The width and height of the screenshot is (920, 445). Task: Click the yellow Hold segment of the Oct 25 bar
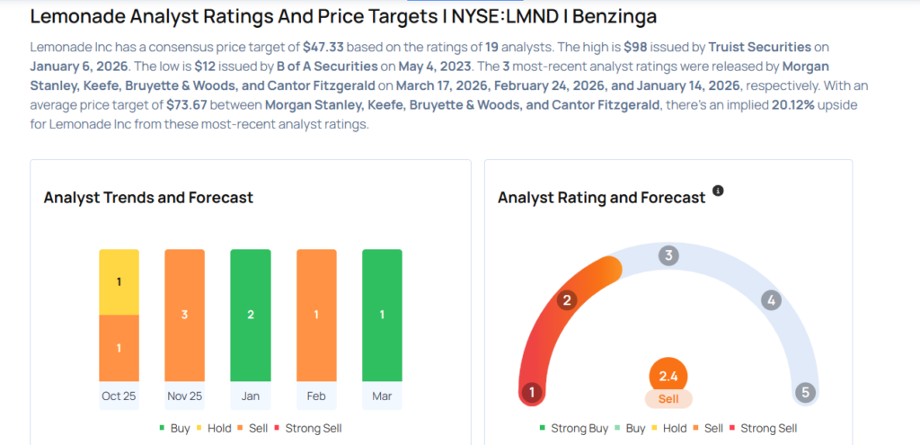pyautogui.click(x=119, y=281)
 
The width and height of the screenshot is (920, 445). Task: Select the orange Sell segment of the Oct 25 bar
pyautogui.click(x=119, y=348)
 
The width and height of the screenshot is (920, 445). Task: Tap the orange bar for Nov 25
pyautogui.click(x=184, y=315)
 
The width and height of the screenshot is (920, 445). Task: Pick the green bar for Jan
pyautogui.click(x=251, y=315)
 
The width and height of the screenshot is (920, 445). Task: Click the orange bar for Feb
pyautogui.click(x=316, y=315)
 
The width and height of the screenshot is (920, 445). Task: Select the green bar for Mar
pyautogui.click(x=382, y=315)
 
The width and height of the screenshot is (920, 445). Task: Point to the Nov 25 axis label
pyautogui.click(x=184, y=396)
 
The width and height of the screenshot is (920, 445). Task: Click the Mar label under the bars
pyautogui.click(x=382, y=396)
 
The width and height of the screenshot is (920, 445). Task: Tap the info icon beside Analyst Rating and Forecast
pyautogui.click(x=718, y=191)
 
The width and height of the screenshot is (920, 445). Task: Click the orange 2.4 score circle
pyautogui.click(x=668, y=377)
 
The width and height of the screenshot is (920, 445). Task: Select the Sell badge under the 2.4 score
pyautogui.click(x=668, y=398)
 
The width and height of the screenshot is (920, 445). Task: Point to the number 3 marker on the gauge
pyautogui.click(x=668, y=255)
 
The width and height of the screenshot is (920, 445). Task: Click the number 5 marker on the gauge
pyautogui.click(x=805, y=393)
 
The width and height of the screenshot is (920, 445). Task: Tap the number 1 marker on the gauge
pyautogui.click(x=532, y=393)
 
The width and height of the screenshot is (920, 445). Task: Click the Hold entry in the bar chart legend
pyautogui.click(x=212, y=428)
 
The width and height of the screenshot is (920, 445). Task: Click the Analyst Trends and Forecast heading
pyautogui.click(x=148, y=197)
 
